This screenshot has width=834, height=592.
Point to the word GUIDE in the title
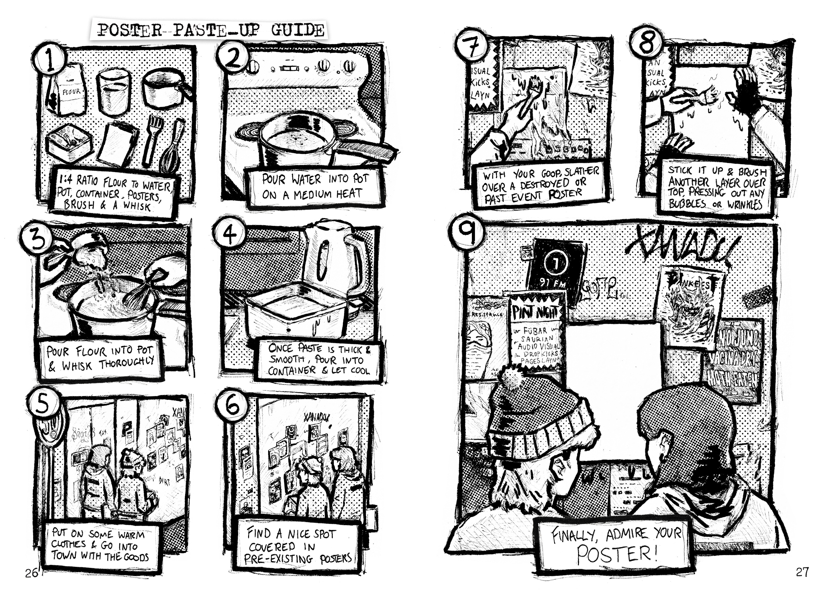coord(297,30)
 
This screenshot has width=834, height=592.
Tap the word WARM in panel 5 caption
coord(131,535)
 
